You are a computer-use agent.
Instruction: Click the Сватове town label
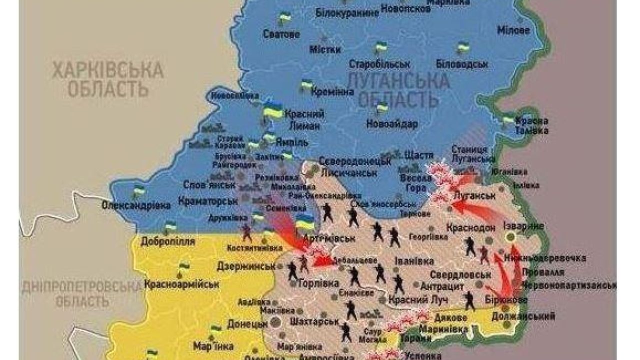(281, 34)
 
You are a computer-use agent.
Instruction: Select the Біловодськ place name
(461, 64)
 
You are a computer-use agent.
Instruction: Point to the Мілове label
(513, 30)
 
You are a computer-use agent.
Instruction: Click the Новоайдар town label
(390, 123)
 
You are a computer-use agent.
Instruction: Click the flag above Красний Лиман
(273, 110)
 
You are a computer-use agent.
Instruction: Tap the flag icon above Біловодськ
(462, 48)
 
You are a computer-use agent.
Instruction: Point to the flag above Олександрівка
(138, 190)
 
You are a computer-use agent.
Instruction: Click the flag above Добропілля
(170, 227)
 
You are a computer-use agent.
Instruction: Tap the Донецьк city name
(247, 323)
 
